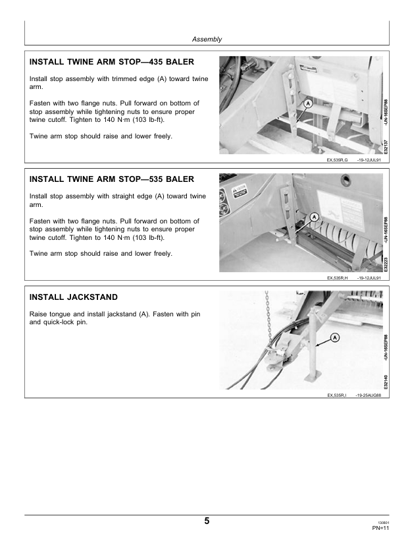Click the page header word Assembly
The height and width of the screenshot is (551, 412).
click(x=207, y=40)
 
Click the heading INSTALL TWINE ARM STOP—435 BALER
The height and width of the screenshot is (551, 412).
click(x=112, y=62)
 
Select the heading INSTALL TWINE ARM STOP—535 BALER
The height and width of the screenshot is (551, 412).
click(x=112, y=179)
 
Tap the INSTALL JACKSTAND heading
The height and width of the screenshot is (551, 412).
click(x=73, y=297)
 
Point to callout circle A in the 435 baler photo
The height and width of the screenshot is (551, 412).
click(x=308, y=103)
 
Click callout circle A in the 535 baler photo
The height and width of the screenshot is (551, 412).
click(x=315, y=217)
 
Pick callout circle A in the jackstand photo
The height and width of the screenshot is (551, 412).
click(x=335, y=337)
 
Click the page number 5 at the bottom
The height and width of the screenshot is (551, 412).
click(x=207, y=521)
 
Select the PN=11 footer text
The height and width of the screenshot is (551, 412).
click(x=381, y=528)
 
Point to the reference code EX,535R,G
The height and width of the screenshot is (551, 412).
click(x=337, y=160)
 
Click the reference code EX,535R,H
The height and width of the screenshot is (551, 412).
click(x=337, y=278)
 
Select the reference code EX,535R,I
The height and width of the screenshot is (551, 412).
click(x=336, y=395)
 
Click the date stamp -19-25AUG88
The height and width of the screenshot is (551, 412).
click(x=368, y=395)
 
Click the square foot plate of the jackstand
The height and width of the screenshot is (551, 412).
click(x=313, y=377)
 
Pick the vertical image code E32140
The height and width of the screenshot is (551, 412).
click(x=386, y=382)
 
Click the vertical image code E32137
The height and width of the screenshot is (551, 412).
click(x=386, y=147)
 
